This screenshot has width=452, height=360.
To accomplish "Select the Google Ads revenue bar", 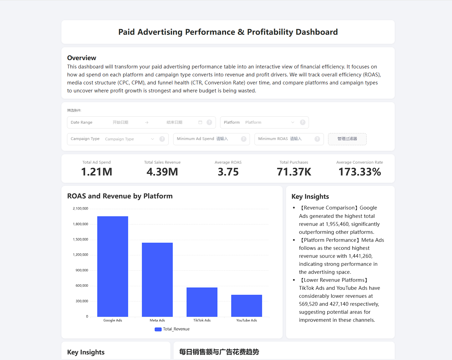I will point(112,266).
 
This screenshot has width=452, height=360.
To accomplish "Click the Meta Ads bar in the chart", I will point(157,279).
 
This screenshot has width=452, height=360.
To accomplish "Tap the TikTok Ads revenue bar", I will point(202,302).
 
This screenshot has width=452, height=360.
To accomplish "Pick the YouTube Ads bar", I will point(246,305).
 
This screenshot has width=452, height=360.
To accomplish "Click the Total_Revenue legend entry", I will point(172,329).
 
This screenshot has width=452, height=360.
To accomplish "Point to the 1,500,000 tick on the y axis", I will point(81,239).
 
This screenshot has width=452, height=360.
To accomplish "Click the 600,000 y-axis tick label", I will point(82,286).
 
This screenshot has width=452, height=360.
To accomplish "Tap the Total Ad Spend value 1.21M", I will point(97,172).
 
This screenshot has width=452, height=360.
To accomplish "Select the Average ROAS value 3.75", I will point(228,172).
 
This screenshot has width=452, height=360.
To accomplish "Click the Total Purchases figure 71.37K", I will point(294,172).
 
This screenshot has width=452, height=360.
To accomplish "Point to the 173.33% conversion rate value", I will point(360,172).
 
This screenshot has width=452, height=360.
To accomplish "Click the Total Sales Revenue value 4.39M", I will point(162,172).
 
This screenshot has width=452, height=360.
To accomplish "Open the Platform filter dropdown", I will point(269,122).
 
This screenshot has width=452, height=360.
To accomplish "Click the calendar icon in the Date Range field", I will point(200,122).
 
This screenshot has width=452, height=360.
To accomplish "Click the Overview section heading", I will point(82,58).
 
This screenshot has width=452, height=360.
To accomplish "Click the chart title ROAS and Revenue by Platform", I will point(120,196).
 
